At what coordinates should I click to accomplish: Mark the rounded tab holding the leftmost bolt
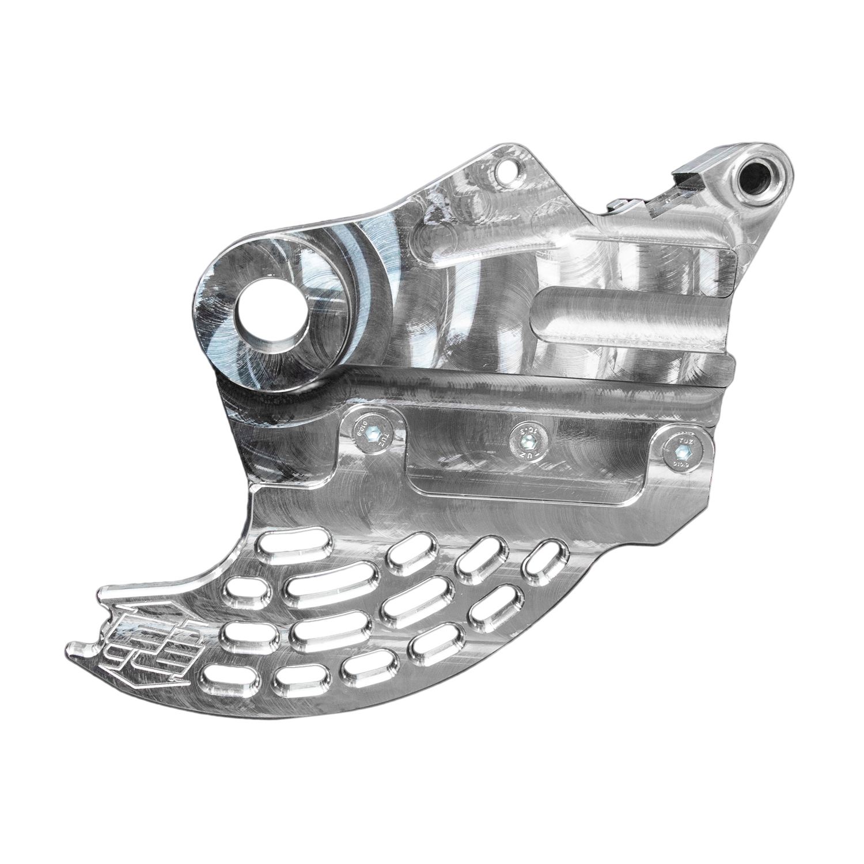click(x=373, y=438)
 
